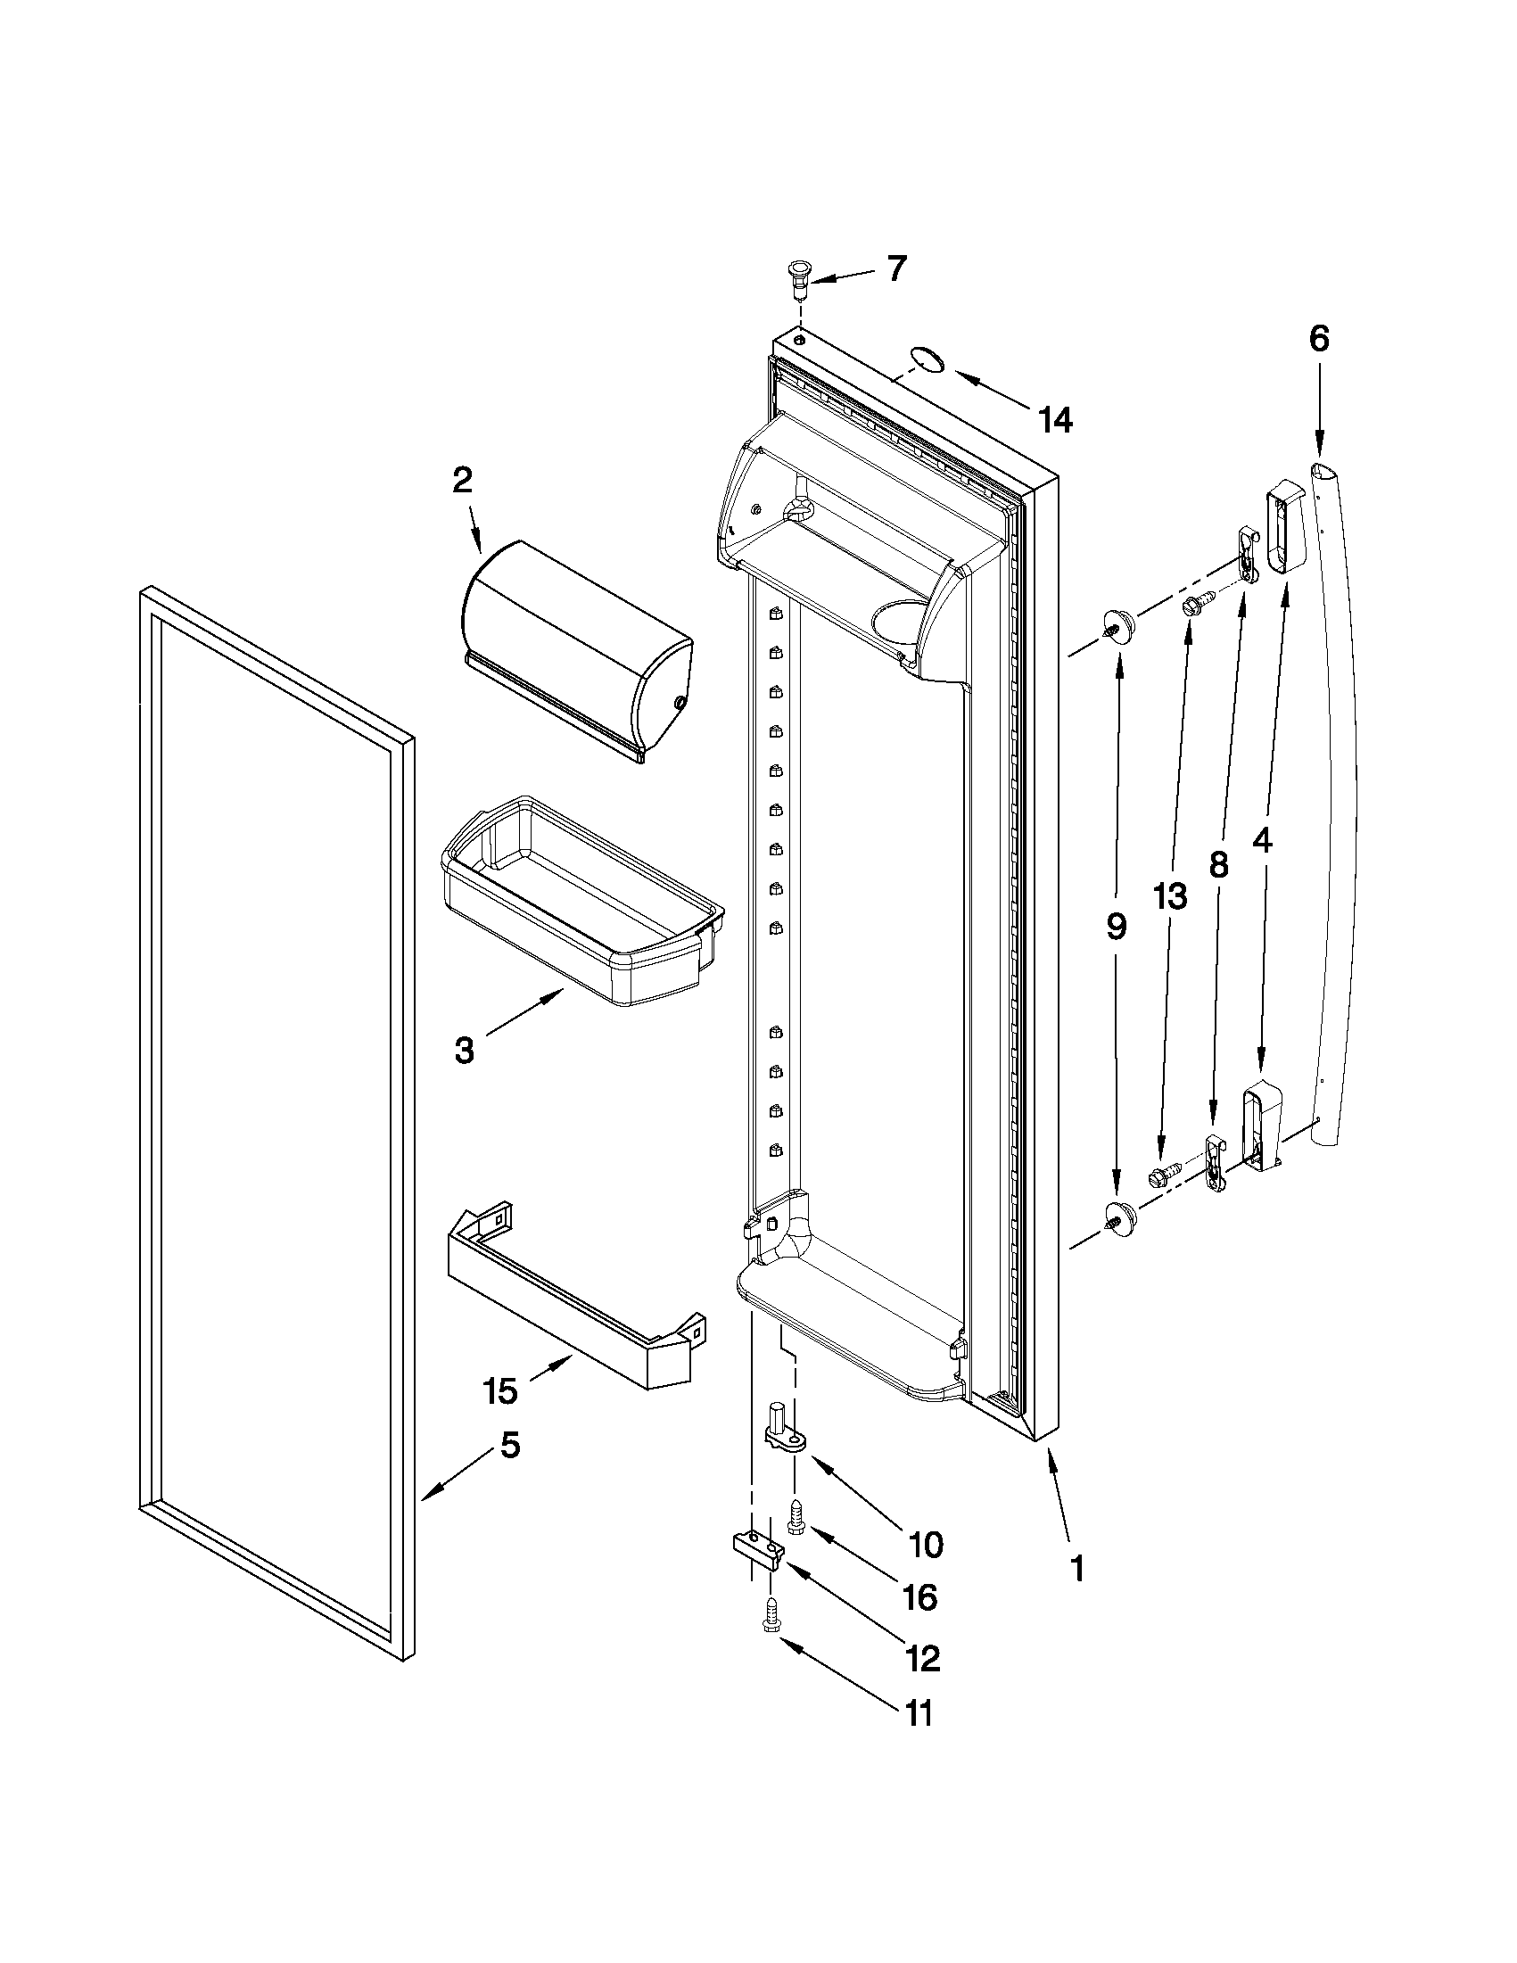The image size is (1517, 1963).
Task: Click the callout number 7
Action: tap(896, 268)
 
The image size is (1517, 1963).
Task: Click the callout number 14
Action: tap(1055, 420)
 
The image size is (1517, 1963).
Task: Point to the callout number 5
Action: tap(509, 1446)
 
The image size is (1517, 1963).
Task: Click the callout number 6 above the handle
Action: tap(1318, 339)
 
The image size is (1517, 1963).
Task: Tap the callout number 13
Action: tap(1171, 896)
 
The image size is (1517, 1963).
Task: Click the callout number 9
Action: tap(1117, 926)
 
